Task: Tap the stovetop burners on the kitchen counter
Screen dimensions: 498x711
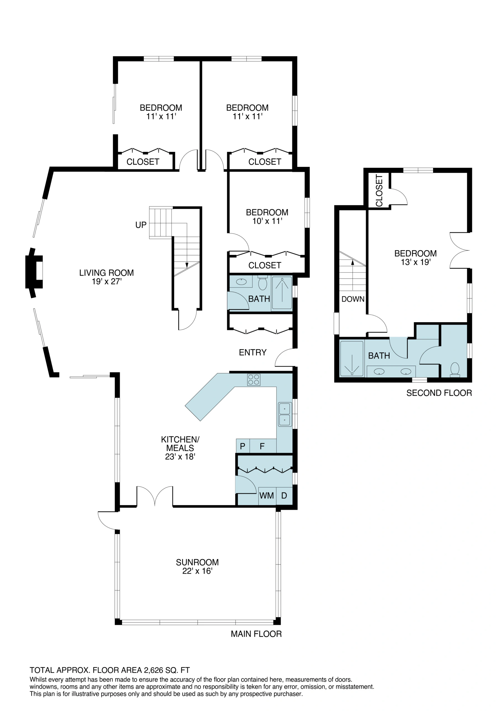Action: click(x=254, y=380)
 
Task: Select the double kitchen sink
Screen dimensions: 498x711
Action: click(x=285, y=414)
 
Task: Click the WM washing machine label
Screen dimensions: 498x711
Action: click(x=266, y=495)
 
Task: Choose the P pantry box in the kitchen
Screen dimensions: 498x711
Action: click(x=243, y=446)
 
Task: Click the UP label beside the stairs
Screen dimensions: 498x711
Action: click(x=141, y=225)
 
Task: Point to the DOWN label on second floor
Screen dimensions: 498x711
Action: click(x=353, y=299)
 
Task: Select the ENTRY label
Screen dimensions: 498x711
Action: click(x=253, y=352)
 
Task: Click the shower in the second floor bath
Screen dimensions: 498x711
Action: click(x=352, y=359)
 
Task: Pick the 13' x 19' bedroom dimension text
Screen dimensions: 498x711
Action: click(x=416, y=262)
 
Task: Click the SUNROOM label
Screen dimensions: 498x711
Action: click(x=197, y=562)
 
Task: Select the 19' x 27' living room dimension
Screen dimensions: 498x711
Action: click(x=107, y=282)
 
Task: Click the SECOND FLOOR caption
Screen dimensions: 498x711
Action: click(x=439, y=393)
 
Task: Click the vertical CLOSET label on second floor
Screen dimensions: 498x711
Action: click(x=379, y=191)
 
